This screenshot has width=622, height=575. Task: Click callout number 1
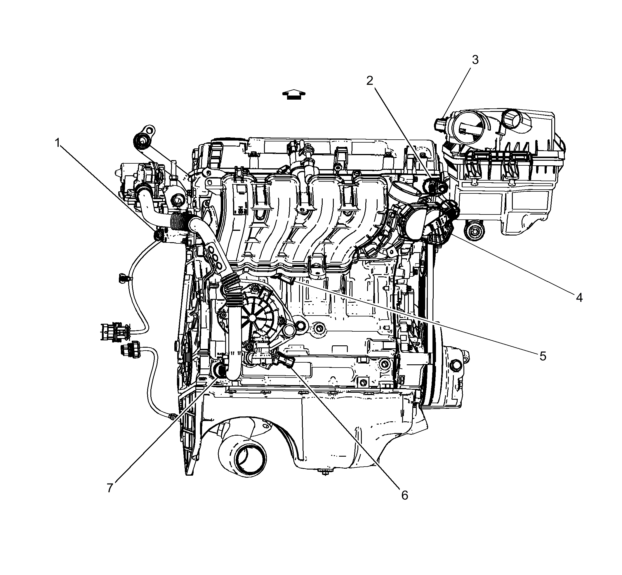57,143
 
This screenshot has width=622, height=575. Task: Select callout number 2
369,81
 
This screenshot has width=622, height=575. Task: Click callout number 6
404,495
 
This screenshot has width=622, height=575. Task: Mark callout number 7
110,488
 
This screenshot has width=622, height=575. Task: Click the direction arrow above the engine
293,94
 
